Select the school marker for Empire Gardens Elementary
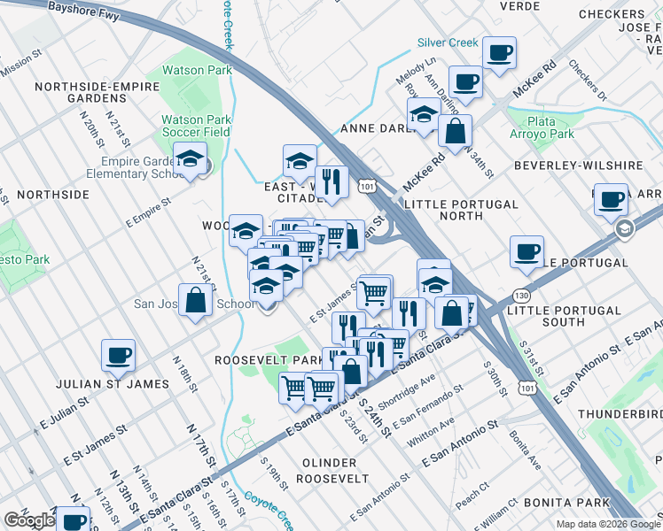pyautogui.click(x=188, y=159)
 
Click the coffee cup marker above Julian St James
pyautogui.click(x=118, y=357)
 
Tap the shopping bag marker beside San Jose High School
pyautogui.click(x=195, y=301)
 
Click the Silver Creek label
pyautogui.click(x=448, y=42)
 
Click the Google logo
pyautogui.click(x=29, y=520)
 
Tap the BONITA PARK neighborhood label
pyautogui.click(x=565, y=503)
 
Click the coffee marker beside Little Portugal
pyautogui.click(x=526, y=252)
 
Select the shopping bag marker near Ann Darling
pyautogui.click(x=455, y=133)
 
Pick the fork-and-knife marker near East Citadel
pyautogui.click(x=331, y=182)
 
